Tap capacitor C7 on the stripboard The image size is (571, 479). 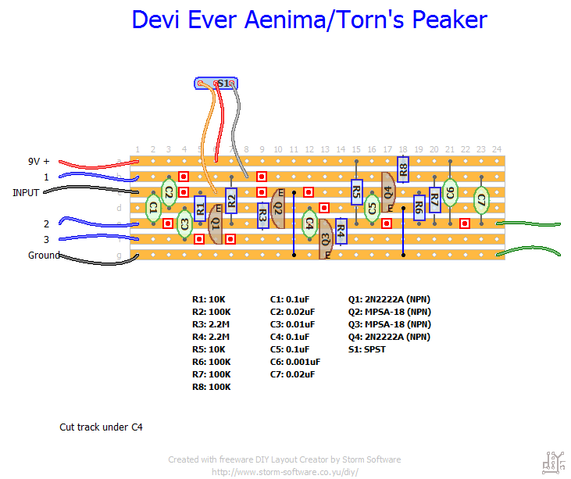point(481,201)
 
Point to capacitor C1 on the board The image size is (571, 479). point(153,207)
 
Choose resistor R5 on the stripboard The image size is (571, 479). point(356,191)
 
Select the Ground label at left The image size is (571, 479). point(44,256)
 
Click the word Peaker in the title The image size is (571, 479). point(448,20)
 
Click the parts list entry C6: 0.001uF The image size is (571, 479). point(295,362)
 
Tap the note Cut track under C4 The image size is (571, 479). point(102,427)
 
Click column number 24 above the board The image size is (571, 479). point(497,149)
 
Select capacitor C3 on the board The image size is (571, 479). point(184,223)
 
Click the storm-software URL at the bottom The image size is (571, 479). point(284,472)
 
